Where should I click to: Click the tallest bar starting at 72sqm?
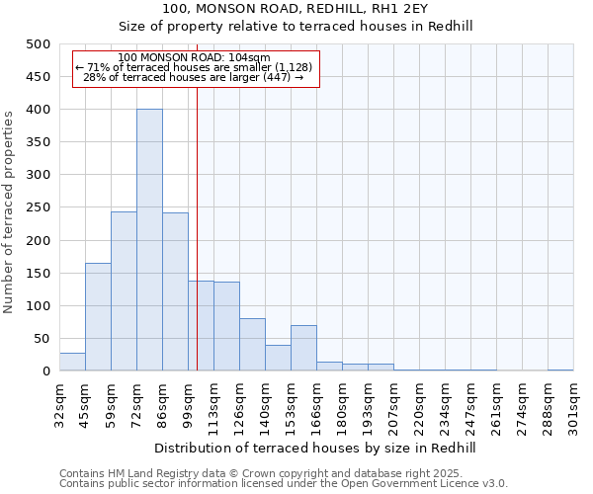pyautogui.click(x=149, y=240)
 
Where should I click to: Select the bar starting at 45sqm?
pyautogui.click(x=98, y=317)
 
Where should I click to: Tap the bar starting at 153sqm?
pyautogui.click(x=303, y=348)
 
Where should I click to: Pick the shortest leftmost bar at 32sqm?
pyautogui.click(x=72, y=362)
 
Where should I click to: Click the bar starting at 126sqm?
pyautogui.click(x=252, y=345)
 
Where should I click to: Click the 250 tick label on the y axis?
pyautogui.click(x=38, y=207)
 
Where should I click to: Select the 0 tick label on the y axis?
pyautogui.click(x=45, y=371)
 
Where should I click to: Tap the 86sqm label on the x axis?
pyautogui.click(x=163, y=404)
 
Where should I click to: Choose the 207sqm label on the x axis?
pyautogui.click(x=394, y=406)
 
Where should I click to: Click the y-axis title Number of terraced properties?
pyautogui.click(x=10, y=212)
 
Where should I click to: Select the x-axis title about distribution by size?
pyautogui.click(x=316, y=448)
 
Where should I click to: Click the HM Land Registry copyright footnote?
pyautogui.click(x=283, y=473)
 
